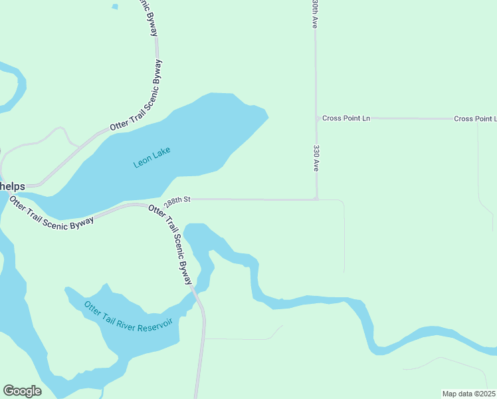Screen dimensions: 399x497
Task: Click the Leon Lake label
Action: (x=152, y=157)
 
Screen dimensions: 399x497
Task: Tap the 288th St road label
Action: (x=177, y=199)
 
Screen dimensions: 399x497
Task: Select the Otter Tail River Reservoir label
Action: (x=128, y=320)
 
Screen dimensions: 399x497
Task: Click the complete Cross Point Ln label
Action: (x=346, y=118)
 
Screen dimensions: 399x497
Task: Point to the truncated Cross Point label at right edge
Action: (x=475, y=118)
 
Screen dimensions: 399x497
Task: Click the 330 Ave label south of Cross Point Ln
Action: (x=316, y=158)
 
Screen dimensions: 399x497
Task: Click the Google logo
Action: (x=22, y=390)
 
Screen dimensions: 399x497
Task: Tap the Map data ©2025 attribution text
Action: (x=468, y=393)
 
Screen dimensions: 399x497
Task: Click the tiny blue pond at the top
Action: (x=115, y=7)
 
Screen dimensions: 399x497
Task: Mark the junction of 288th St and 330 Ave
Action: (x=316, y=199)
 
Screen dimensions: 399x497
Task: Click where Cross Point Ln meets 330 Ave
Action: (x=316, y=118)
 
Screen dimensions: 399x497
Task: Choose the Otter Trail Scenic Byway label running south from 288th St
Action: (x=171, y=245)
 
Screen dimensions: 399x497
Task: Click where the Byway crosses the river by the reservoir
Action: (x=197, y=296)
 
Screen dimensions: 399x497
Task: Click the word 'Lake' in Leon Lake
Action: (x=161, y=153)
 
